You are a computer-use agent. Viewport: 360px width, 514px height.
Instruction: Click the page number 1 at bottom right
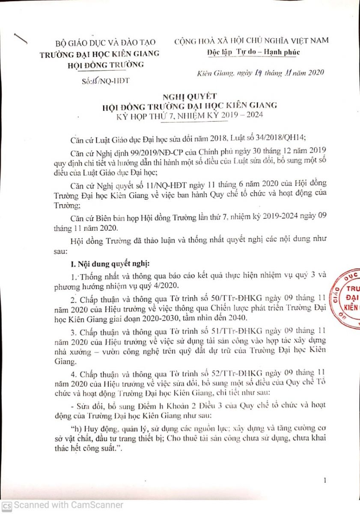(x=325, y=481)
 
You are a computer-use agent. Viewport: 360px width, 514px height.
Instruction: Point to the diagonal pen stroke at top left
(x=20, y=38)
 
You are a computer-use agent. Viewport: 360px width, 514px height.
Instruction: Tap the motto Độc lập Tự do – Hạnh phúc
(x=252, y=52)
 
